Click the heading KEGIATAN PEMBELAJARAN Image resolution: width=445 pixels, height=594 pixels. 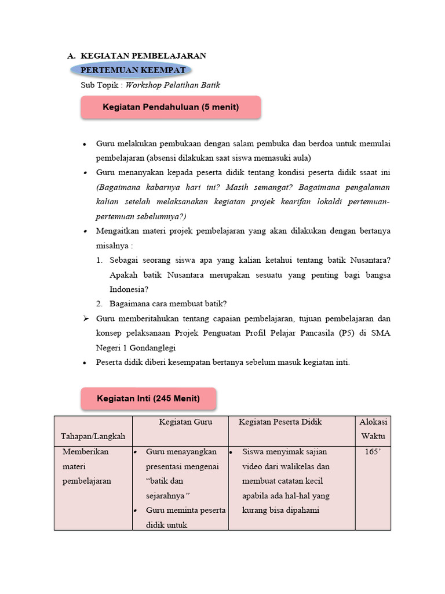143,56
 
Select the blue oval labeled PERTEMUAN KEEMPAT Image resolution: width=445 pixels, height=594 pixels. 133,70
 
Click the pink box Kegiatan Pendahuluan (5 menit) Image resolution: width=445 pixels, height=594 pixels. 170,107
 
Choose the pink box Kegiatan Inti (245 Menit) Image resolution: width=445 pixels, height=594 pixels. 148,399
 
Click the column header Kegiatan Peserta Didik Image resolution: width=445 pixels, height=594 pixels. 280,422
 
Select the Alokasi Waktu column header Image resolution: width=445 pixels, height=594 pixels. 373,429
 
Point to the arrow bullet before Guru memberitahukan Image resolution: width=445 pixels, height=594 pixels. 85,319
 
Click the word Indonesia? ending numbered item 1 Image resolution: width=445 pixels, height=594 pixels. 129,289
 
